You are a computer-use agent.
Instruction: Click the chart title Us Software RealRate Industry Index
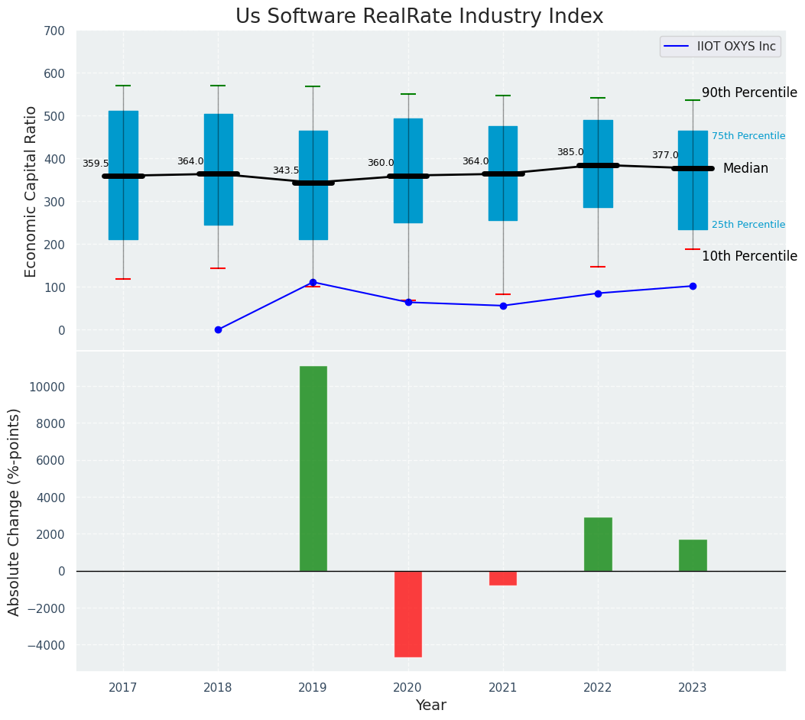[419, 17]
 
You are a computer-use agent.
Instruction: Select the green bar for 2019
[313, 469]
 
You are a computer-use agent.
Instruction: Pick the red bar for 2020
[407, 614]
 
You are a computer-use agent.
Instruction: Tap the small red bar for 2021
[503, 578]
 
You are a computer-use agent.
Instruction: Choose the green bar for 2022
[598, 544]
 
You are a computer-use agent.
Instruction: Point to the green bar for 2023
[693, 556]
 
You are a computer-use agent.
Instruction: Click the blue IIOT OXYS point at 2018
[218, 329]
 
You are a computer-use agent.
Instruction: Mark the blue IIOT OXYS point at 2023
[693, 286]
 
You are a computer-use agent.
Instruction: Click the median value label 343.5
[286, 170]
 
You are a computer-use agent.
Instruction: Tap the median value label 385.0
[570, 152]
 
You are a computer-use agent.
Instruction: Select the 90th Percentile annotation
[749, 92]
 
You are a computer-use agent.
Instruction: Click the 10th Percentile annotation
[749, 256]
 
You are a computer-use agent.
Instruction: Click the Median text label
[745, 168]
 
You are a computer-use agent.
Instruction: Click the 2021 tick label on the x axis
[503, 688]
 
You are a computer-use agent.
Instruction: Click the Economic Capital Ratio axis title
[31, 192]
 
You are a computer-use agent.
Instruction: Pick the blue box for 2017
[123, 175]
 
